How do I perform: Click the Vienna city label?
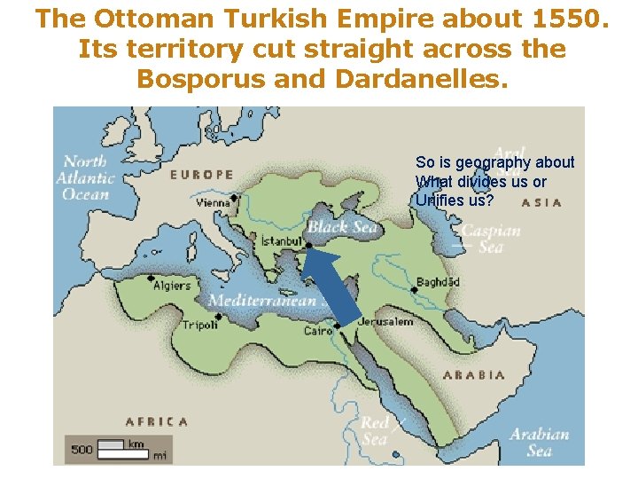click(214, 202)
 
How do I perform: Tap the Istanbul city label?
click(282, 241)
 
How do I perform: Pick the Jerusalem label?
click(385, 321)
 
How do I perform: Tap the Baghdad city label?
click(439, 282)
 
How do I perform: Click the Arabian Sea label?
click(539, 442)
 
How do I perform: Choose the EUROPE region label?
click(201, 175)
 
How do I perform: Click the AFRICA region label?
click(157, 421)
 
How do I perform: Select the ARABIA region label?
click(474, 374)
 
